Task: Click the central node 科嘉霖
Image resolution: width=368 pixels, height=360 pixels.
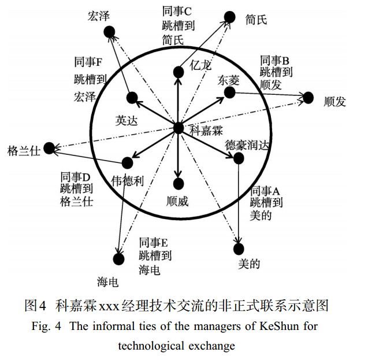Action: click(179, 128)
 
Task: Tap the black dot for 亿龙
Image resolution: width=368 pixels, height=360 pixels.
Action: click(179, 71)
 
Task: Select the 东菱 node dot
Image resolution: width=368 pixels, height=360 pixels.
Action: click(230, 92)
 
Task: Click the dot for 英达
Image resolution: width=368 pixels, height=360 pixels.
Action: click(132, 98)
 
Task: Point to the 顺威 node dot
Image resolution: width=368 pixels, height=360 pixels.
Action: click(179, 184)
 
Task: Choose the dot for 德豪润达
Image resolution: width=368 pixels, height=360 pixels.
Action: click(239, 157)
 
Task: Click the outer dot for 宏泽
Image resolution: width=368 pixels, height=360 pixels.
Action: click(109, 31)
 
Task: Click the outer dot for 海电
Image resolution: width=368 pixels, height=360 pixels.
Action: click(118, 258)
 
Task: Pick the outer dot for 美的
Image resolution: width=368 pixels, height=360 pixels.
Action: click(239, 249)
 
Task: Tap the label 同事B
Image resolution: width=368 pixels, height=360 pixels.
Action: click(274, 60)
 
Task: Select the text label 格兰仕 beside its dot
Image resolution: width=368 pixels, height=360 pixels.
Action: click(24, 151)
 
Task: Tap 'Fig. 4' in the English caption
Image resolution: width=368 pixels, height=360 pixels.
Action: click(46, 325)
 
